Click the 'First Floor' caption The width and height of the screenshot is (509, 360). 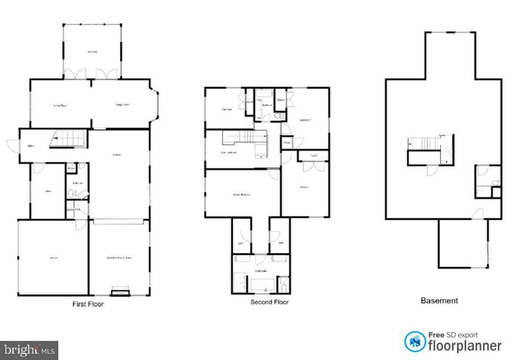coord(88,304)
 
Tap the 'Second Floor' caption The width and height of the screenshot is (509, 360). coord(269,302)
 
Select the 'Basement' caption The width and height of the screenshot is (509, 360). coord(439,301)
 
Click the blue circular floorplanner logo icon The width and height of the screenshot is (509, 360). coord(415,341)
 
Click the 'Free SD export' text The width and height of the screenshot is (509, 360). coord(453,335)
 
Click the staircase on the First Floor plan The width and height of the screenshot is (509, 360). coord(68,139)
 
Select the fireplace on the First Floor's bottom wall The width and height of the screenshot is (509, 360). coord(121,291)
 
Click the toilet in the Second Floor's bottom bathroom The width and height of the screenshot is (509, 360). coord(284,287)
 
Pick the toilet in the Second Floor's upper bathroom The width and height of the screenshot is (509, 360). coord(277,115)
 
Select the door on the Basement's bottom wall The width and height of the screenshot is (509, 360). coord(478,215)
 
